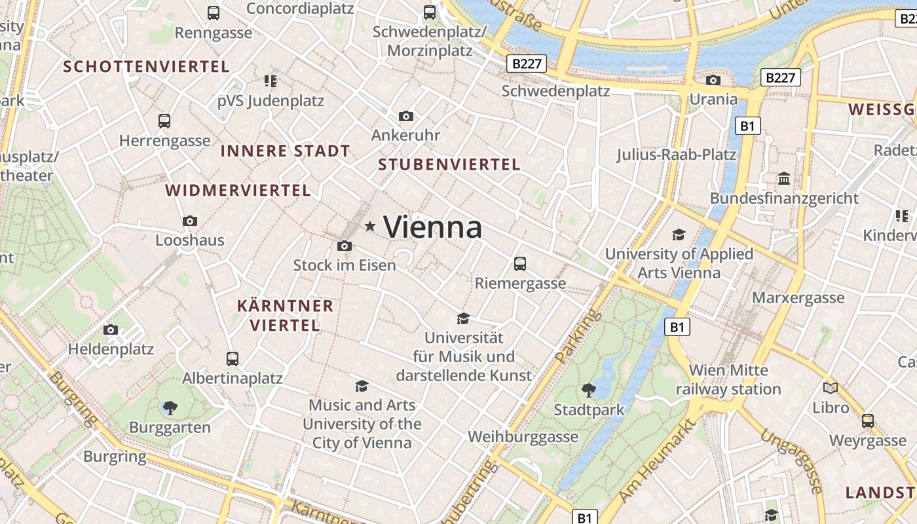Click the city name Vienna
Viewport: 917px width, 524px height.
(x=432, y=227)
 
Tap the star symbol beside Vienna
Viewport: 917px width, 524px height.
(x=370, y=227)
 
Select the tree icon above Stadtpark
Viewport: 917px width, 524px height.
(x=589, y=390)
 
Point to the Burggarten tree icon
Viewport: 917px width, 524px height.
(x=170, y=408)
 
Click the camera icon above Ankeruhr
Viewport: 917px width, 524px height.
(x=406, y=117)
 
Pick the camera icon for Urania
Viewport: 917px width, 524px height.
(x=713, y=80)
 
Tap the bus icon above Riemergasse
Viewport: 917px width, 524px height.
(x=520, y=264)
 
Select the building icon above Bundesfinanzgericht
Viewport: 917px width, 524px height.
(x=784, y=178)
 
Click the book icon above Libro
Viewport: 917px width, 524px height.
(x=831, y=388)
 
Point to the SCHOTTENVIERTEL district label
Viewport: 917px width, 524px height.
(x=146, y=66)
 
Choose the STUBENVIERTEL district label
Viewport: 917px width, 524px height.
(x=449, y=164)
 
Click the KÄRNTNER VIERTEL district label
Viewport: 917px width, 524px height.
(x=285, y=315)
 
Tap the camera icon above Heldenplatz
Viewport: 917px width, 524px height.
(x=111, y=329)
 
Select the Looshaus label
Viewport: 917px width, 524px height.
(x=190, y=240)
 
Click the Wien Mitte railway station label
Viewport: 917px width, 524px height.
(x=728, y=380)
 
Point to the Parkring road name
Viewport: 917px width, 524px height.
(x=569, y=336)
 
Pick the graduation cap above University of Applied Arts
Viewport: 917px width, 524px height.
(x=679, y=234)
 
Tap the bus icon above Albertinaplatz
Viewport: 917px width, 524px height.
(x=233, y=359)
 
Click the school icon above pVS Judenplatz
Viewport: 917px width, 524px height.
(x=271, y=81)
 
